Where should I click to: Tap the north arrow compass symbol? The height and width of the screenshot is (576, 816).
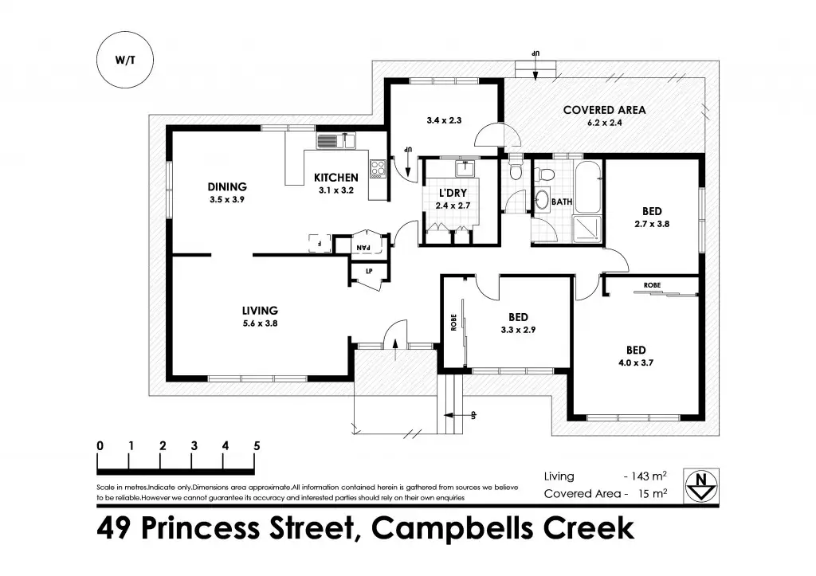pos(700,485)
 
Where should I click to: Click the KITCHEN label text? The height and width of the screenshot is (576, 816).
pos(335,177)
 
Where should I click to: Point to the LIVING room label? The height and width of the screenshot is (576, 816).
pos(260,310)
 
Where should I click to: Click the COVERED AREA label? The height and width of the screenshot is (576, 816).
pos(604,110)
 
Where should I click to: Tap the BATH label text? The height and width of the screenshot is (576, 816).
pos(562,202)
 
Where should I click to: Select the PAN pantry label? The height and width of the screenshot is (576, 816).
pos(363,247)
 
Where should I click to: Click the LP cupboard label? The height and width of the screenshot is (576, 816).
pos(369,272)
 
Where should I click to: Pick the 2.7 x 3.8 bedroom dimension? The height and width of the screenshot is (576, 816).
pos(651,224)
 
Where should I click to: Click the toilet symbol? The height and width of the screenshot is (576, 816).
pos(516,170)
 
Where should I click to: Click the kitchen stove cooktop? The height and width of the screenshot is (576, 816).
pos(377,168)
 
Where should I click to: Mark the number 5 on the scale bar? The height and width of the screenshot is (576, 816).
pos(257,445)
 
